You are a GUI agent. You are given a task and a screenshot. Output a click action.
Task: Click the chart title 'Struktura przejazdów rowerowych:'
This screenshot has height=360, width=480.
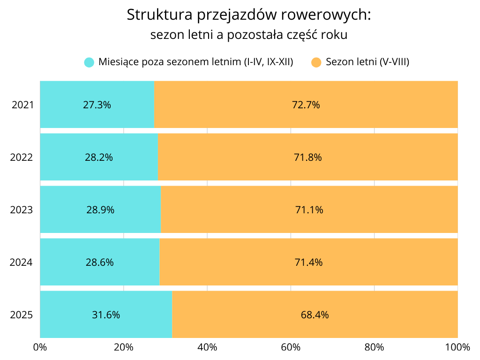(249, 15)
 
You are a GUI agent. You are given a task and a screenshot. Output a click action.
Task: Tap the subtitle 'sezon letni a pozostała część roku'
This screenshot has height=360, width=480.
(249, 35)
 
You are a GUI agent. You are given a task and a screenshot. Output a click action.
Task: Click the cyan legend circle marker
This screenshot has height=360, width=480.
(89, 62)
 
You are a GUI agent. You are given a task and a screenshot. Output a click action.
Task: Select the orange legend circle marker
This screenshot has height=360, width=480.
(316, 62)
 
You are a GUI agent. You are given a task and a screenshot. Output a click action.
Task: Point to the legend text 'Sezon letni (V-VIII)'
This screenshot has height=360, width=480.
(367, 62)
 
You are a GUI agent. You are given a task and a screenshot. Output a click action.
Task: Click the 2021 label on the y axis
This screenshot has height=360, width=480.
(22, 105)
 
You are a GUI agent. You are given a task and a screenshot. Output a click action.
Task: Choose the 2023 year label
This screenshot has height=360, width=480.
(22, 210)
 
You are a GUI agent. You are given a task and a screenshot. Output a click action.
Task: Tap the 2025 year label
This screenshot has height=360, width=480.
(22, 315)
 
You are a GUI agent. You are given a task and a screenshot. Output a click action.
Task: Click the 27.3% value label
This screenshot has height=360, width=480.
(97, 105)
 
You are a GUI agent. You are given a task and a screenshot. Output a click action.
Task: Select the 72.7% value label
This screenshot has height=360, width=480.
(306, 105)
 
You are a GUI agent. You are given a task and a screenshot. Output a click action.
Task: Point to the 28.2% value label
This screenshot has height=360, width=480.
(99, 157)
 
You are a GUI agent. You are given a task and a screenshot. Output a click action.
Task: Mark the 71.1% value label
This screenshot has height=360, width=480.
(309, 210)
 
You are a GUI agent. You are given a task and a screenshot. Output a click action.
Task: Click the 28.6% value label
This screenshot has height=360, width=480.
(100, 262)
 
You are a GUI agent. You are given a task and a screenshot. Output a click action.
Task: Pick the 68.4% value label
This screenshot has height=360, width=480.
(315, 315)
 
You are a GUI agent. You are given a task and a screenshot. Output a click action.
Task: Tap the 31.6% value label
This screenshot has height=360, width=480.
(106, 315)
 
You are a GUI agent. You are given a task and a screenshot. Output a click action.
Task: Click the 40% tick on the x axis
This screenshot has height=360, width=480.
(207, 347)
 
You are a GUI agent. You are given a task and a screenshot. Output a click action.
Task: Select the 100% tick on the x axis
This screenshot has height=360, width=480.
(457, 347)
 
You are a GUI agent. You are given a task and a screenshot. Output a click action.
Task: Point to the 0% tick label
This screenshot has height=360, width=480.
(40, 347)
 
